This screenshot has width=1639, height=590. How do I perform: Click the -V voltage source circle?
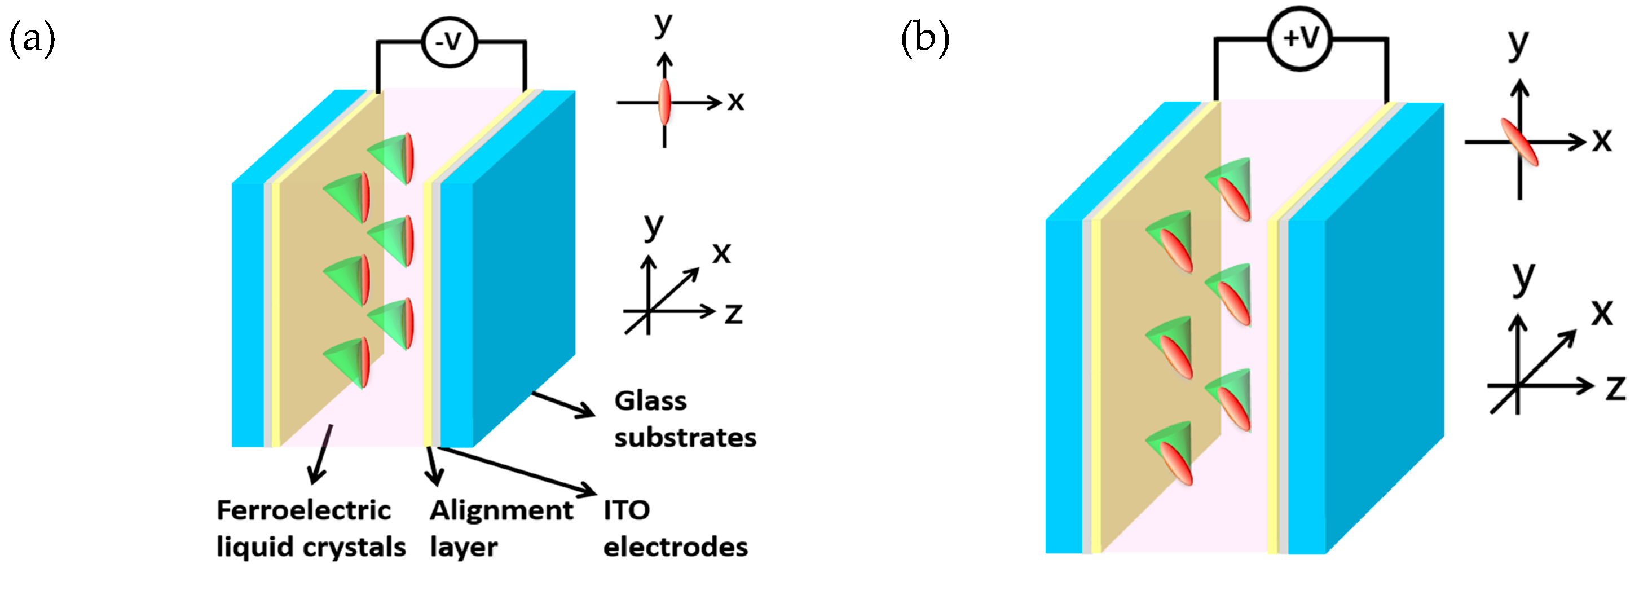click(449, 42)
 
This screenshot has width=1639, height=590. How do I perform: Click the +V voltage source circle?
click(1300, 38)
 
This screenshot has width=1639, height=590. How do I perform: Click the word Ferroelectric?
click(303, 510)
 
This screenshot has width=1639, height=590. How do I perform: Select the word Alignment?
click(501, 510)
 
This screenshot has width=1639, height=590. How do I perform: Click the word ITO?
click(627, 510)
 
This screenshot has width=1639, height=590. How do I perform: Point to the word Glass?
click(650, 401)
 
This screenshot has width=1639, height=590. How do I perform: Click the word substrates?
click(685, 438)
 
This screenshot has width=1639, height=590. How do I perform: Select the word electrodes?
click(675, 547)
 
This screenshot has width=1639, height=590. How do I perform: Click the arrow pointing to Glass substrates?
click(563, 405)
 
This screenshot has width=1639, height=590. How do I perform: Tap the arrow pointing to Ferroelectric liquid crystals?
click(320, 455)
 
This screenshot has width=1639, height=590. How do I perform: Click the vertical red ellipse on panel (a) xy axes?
click(664, 102)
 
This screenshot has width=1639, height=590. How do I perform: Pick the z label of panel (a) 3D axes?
click(734, 313)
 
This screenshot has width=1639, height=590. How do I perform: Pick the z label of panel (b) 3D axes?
click(1615, 388)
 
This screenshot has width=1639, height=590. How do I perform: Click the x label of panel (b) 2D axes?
click(1602, 140)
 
